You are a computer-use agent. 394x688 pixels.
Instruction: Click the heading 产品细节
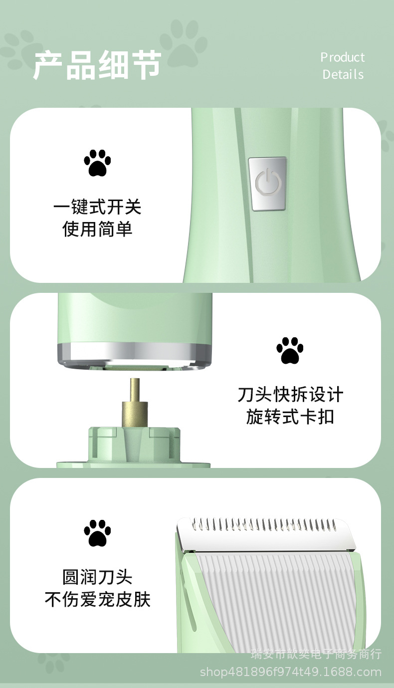point(97,65)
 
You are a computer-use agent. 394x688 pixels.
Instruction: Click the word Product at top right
point(343,57)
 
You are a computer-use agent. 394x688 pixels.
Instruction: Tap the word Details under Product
point(343,75)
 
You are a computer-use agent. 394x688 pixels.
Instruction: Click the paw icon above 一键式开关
point(97,163)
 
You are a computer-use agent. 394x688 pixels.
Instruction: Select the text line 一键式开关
point(97,207)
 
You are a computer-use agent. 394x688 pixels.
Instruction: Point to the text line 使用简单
point(97,229)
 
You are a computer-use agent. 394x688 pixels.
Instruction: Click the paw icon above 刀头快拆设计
point(290,350)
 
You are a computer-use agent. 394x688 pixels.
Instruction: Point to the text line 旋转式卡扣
point(290,417)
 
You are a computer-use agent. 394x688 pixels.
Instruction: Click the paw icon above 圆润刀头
point(97,533)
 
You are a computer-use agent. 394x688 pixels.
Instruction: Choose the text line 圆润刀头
point(97,577)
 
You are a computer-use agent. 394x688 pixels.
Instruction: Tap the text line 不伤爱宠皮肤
point(97,599)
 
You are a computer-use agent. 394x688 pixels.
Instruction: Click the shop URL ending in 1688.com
point(291,672)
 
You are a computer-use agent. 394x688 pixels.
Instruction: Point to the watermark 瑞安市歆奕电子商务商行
point(316,654)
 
